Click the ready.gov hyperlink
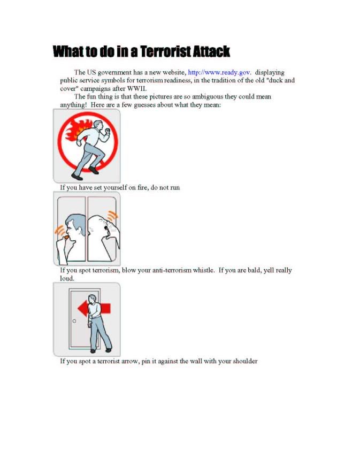219,73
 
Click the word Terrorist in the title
165,51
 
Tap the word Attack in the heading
211,51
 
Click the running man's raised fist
108,131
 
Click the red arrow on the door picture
94,308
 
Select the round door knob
74,321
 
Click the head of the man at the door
93,299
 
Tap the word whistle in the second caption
204,270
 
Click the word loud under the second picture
67,278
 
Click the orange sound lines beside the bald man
113,215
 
